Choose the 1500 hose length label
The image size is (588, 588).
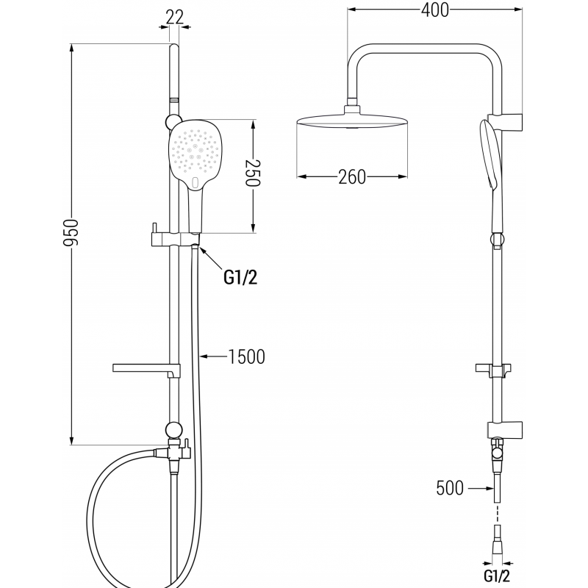click(x=246, y=357)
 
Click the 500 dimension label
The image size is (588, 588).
click(x=450, y=487)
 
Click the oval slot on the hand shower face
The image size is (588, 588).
click(x=194, y=181)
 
